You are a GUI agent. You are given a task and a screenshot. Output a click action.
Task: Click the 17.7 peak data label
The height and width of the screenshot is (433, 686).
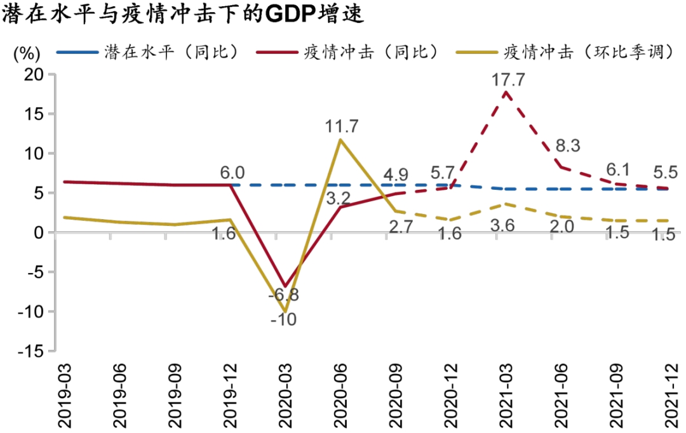[x=506, y=80]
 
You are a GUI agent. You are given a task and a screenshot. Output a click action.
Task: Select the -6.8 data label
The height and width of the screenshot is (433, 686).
[x=284, y=295]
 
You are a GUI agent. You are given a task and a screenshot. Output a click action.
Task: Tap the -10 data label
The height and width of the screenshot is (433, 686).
[x=283, y=320]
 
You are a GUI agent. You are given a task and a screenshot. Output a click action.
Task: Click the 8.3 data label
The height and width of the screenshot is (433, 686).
[x=567, y=146]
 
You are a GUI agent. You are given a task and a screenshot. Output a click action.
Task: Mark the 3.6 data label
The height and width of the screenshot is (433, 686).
[x=506, y=227]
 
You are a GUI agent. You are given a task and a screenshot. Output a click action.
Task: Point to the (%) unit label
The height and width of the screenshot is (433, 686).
[x=27, y=54]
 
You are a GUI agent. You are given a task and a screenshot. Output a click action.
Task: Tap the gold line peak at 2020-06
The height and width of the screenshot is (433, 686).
[x=340, y=140]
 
